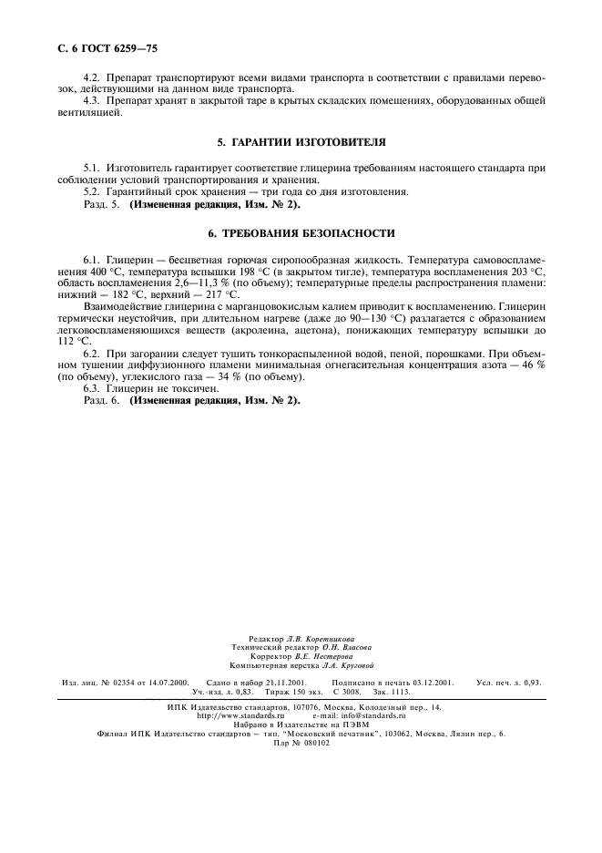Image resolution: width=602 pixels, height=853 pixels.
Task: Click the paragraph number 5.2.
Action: click(x=93, y=191)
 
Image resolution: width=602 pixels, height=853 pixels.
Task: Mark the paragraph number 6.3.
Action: click(x=93, y=388)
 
